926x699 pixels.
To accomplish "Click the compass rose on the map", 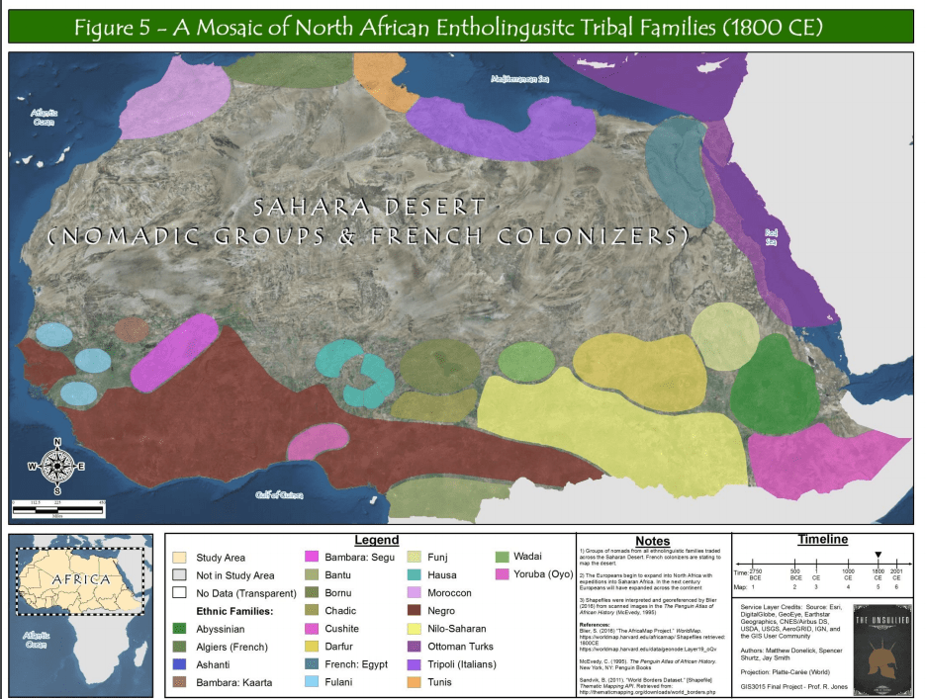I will (x=56, y=466).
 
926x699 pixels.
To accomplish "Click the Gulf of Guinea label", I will (x=279, y=494).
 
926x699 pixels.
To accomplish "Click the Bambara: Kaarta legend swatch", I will (x=179, y=682).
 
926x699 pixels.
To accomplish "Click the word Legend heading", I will (x=376, y=541).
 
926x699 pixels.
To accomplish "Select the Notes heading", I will (x=653, y=542).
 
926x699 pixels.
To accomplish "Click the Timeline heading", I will (x=822, y=540).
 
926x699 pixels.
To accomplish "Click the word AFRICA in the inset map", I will (x=81, y=578).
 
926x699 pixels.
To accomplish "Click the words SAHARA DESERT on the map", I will (x=369, y=209).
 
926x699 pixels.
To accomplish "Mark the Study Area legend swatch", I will (x=179, y=558).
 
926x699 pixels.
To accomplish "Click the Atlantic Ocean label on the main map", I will (x=44, y=117).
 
